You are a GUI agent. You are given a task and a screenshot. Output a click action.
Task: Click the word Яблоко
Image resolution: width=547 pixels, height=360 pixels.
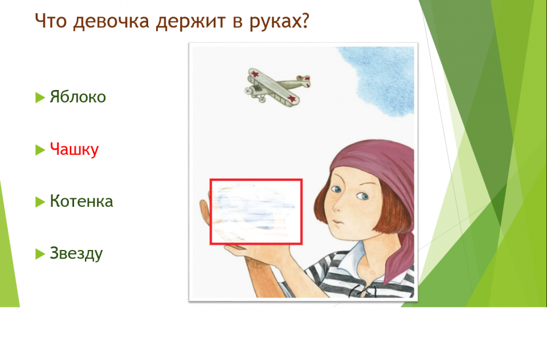[78, 97]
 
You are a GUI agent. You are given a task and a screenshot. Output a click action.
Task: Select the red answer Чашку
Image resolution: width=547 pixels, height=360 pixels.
[74, 149]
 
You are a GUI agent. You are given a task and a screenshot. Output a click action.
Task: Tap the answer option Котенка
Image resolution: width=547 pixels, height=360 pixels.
[81, 201]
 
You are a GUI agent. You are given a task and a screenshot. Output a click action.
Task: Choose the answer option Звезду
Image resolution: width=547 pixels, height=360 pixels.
[76, 253]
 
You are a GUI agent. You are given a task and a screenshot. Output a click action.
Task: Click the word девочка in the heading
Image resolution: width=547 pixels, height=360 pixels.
[111, 22]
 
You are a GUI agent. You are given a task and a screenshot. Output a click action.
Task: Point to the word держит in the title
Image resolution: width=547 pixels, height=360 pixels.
[190, 22]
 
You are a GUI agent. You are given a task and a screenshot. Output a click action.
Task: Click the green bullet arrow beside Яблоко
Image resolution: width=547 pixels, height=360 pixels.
[40, 97]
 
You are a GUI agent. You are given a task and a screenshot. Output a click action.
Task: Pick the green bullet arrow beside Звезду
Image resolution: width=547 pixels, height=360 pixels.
[40, 254]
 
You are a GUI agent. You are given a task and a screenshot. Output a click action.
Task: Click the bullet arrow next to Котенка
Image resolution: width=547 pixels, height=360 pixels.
[40, 202]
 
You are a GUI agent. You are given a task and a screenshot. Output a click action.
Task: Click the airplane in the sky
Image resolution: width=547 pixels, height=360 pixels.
[277, 87]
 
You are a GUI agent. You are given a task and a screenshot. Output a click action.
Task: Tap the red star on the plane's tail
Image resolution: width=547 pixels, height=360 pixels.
[307, 78]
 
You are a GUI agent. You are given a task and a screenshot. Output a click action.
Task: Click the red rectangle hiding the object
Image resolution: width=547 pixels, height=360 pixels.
[210, 212]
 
